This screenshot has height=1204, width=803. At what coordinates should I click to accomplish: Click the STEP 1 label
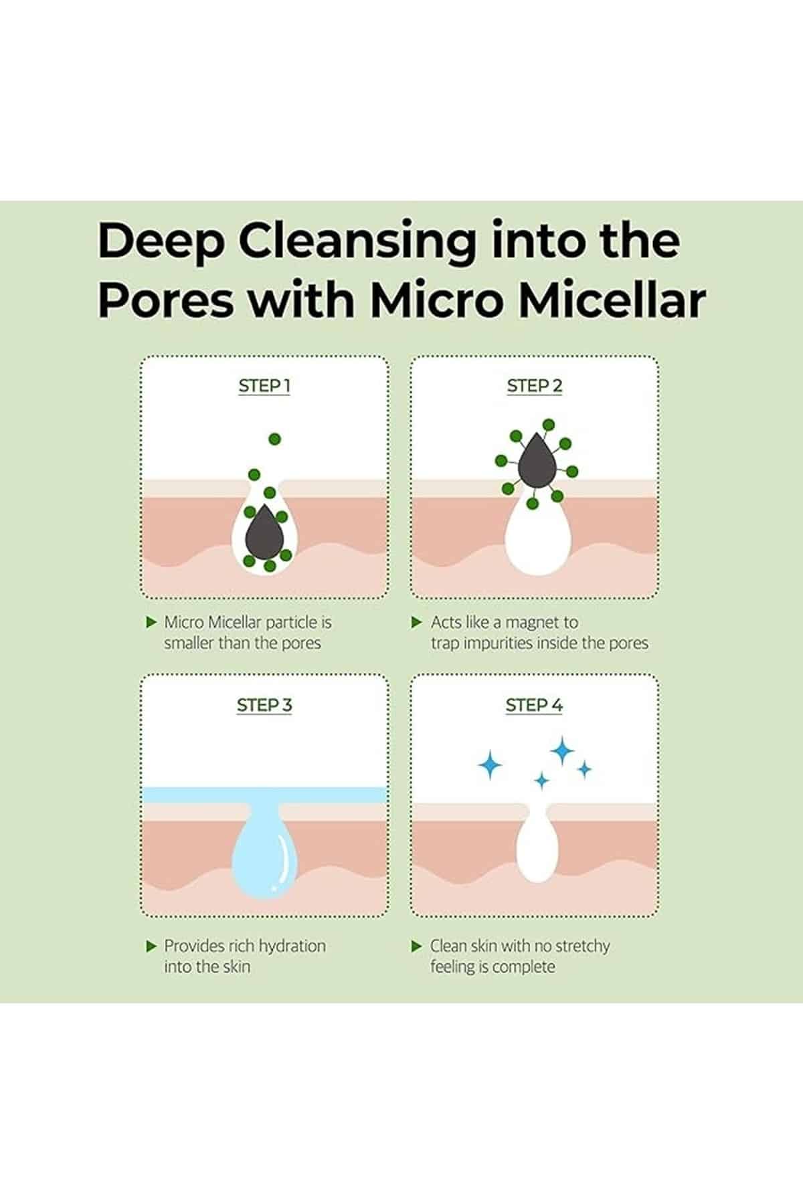(264, 386)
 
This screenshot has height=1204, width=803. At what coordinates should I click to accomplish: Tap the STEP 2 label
(535, 386)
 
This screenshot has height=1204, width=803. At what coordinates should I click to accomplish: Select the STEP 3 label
(264, 705)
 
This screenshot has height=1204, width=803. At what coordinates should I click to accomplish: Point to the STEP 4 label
(535, 705)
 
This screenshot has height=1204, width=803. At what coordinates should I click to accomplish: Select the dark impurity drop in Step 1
(264, 532)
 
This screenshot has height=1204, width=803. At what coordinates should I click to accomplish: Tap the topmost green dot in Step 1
(274, 439)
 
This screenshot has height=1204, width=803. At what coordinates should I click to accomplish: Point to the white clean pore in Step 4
(537, 845)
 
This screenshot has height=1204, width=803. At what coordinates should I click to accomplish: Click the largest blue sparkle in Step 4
(562, 751)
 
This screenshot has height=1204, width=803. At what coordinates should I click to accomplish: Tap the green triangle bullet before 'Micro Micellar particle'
(151, 622)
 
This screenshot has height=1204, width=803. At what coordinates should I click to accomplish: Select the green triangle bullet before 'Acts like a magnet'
(417, 622)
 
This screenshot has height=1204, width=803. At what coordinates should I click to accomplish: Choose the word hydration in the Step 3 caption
(292, 946)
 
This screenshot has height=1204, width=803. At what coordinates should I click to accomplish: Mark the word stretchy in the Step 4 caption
(577, 946)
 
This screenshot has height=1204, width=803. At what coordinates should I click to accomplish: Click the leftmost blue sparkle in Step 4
(490, 765)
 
